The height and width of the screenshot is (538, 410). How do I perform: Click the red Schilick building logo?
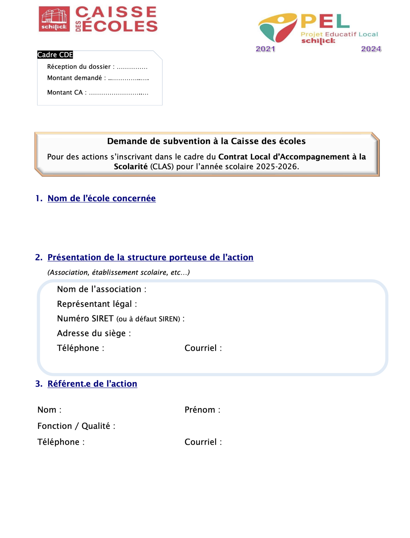pos(54,19)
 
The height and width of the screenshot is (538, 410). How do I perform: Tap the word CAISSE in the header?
pos(116,12)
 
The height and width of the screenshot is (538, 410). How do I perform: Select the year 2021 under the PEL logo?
pos(265,49)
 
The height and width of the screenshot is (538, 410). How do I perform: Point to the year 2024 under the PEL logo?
pos(371,49)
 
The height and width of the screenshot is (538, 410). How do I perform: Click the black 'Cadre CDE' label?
pos(55,55)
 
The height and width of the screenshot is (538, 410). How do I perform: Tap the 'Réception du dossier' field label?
pos(79,67)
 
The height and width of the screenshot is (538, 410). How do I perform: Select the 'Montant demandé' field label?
pos(74,78)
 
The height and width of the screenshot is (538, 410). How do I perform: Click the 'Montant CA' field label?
pos(65,93)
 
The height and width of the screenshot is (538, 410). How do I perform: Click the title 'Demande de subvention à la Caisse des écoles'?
pos(206,141)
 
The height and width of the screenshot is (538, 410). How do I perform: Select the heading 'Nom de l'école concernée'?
pos(102,198)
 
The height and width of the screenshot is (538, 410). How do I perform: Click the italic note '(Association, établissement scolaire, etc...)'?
pos(118,272)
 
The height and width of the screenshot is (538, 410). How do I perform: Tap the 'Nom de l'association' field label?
pos(99,289)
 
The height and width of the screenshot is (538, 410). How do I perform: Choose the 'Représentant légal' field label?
pos(94,304)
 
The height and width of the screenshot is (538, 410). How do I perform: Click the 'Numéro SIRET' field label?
pos(85,318)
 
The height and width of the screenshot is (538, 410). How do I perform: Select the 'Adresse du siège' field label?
pos(91,333)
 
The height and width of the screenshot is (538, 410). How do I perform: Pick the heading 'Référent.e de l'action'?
pos(92,384)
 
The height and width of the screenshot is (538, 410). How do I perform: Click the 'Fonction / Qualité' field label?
pos(74,426)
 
